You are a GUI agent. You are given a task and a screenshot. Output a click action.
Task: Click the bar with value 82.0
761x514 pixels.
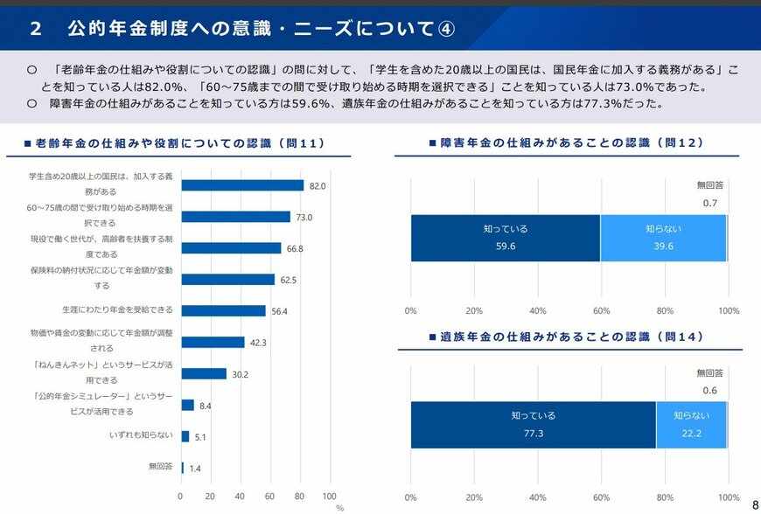click(x=242, y=185)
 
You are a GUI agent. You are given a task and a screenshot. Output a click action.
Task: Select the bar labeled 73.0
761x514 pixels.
click(x=235, y=217)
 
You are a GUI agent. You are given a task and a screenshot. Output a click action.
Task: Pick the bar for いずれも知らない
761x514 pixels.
click(x=185, y=436)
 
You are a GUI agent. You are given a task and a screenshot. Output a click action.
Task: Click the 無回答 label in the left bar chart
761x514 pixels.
click(x=161, y=467)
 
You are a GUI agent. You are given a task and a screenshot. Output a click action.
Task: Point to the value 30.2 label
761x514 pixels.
click(x=239, y=374)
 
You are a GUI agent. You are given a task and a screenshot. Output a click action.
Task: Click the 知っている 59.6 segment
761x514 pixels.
click(x=506, y=238)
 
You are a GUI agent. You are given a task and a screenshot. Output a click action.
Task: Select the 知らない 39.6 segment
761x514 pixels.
click(x=663, y=238)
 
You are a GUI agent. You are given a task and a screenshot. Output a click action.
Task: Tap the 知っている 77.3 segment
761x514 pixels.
click(x=534, y=425)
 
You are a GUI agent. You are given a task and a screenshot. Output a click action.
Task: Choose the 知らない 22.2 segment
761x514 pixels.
click(x=691, y=425)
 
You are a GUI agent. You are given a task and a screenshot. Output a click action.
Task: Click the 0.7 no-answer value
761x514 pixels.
click(x=710, y=203)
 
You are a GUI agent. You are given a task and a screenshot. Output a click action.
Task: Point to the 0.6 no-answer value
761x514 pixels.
click(x=710, y=390)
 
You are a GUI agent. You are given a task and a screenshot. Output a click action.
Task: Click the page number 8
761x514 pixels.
click(x=755, y=504)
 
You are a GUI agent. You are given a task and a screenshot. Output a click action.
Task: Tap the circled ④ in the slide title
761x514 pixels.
click(x=445, y=28)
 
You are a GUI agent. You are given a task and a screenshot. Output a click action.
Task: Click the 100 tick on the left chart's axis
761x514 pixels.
click(x=330, y=496)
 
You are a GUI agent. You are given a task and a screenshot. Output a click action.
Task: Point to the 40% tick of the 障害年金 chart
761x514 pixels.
click(x=538, y=310)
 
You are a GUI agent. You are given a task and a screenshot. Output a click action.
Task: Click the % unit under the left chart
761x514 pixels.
click(x=339, y=507)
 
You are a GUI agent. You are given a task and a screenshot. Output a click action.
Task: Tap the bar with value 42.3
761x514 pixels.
click(x=213, y=343)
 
